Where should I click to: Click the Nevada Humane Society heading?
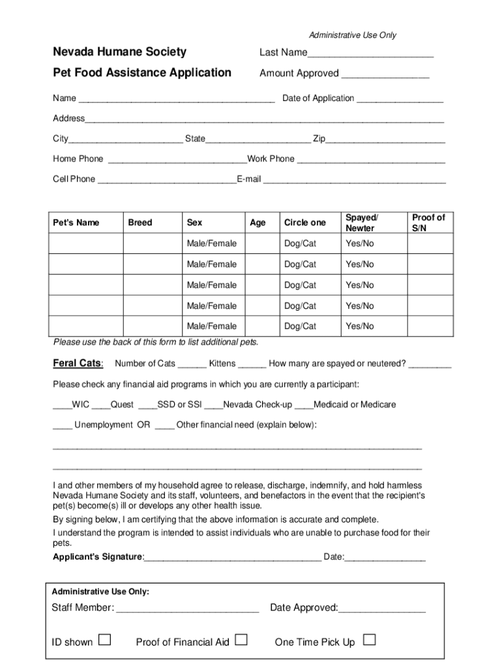click(119, 52)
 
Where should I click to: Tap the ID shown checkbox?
click(104, 640)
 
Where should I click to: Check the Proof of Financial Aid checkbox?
click(241, 640)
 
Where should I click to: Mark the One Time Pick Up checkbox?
click(369, 640)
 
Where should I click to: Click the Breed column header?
click(140, 223)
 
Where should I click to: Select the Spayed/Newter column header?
click(361, 223)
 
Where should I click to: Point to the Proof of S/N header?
click(428, 223)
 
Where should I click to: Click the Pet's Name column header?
click(76, 223)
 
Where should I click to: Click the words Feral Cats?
click(78, 363)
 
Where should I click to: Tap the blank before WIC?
click(62, 406)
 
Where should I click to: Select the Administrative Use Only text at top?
click(352, 35)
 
